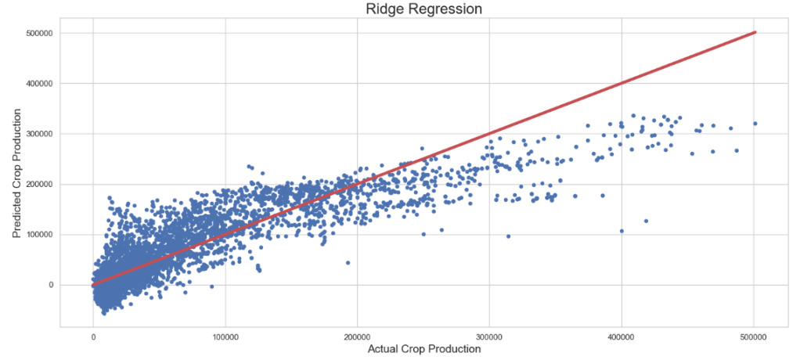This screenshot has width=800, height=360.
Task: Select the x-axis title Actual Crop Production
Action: (423, 349)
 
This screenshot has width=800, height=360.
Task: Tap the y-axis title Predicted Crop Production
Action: (16, 178)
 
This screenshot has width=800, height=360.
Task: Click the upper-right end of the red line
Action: (755, 32)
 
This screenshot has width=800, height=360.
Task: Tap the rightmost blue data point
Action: (755, 124)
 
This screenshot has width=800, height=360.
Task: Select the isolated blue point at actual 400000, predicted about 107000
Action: (622, 231)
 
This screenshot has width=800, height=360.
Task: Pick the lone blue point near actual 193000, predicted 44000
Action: (348, 262)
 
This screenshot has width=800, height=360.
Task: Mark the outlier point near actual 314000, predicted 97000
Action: (508, 236)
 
